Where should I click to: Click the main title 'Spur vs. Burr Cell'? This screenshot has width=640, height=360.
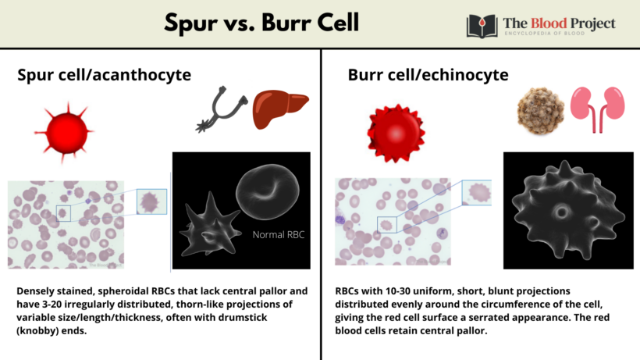pyautogui.click(x=261, y=23)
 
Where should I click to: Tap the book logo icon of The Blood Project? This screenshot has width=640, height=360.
pyautogui.click(x=482, y=26)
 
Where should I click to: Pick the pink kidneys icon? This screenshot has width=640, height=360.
pyautogui.click(x=589, y=107)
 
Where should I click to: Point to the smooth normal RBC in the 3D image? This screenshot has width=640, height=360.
pyautogui.click(x=268, y=192)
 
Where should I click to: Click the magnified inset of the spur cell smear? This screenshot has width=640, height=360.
pyautogui.click(x=150, y=201)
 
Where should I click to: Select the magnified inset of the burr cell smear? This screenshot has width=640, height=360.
pyautogui.click(x=476, y=193)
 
